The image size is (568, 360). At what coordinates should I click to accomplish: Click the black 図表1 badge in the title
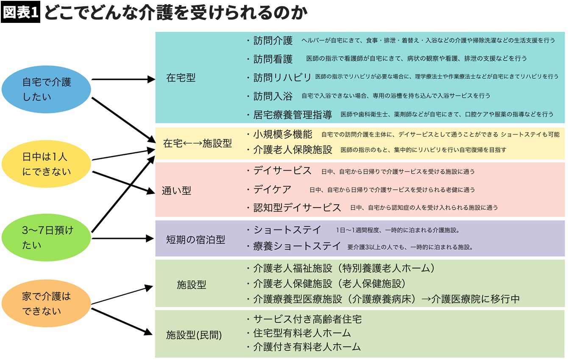20,13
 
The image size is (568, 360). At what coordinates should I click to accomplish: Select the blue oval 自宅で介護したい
47,89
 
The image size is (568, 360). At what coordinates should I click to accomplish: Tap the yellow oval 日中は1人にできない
47,164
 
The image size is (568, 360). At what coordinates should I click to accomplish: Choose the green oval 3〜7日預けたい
47,238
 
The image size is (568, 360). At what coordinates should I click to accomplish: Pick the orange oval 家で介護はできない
47,304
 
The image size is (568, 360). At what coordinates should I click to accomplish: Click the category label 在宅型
181,78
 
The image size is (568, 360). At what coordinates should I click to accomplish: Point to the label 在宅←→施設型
198,143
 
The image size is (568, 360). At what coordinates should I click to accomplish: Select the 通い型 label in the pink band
176,191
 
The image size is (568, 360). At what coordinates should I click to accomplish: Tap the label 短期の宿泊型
195,240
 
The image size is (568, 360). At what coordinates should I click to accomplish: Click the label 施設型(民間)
194,335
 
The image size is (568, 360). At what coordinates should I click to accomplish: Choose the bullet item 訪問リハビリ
282,78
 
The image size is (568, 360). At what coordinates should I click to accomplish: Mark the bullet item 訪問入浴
273,96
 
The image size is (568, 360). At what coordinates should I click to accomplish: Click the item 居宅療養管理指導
292,115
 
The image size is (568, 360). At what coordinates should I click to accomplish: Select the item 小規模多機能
283,134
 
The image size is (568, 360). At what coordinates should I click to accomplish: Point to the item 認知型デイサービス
297,208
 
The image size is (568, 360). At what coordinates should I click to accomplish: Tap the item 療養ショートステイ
297,246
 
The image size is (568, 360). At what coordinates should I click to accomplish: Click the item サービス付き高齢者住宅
307,319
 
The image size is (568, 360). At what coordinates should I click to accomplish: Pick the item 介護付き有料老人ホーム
307,347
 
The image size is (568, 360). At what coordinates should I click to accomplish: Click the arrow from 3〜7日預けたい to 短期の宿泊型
123,238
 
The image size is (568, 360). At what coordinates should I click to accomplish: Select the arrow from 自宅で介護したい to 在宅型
123,79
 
